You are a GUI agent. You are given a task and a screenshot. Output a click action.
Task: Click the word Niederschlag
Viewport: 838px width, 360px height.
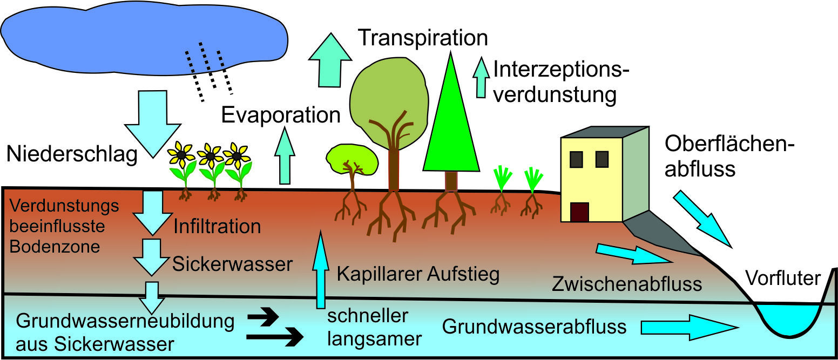point(72,154)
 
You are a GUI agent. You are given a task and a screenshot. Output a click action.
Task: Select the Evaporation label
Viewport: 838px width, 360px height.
point(281,115)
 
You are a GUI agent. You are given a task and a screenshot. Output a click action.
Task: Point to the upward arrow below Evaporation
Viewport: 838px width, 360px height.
point(285,157)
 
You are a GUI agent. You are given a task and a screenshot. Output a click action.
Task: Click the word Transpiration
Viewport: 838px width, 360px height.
point(423,38)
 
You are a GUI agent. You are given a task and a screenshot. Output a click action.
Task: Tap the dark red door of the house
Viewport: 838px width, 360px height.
point(579,212)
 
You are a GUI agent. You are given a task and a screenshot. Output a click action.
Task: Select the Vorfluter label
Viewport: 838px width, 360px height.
point(783,278)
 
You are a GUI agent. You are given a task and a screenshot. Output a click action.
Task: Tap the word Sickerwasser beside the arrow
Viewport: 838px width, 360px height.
point(232,264)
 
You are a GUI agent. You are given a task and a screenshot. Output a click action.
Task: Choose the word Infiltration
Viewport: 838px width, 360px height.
point(217,226)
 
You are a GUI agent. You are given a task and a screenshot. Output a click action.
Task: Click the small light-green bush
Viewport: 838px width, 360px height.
point(351,158)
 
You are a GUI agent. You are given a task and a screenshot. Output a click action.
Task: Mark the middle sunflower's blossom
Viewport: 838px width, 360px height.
point(210,155)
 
